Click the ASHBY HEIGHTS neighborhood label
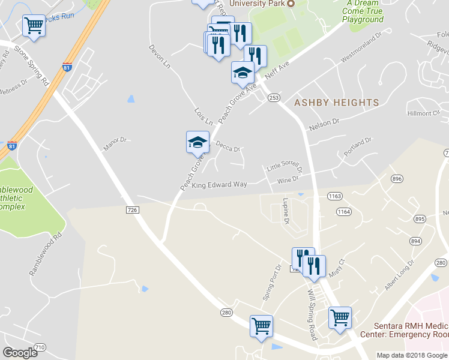(337, 103)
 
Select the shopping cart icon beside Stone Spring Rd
(34, 26)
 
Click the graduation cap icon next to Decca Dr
(197, 142)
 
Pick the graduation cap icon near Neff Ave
(243, 73)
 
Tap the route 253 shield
(274, 97)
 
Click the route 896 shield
(396, 179)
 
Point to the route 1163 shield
(335, 196)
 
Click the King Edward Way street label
(219, 185)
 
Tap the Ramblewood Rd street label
(46, 254)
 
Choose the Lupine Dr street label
(286, 211)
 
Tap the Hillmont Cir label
(424, 113)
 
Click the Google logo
(20, 353)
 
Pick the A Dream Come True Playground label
(363, 11)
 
